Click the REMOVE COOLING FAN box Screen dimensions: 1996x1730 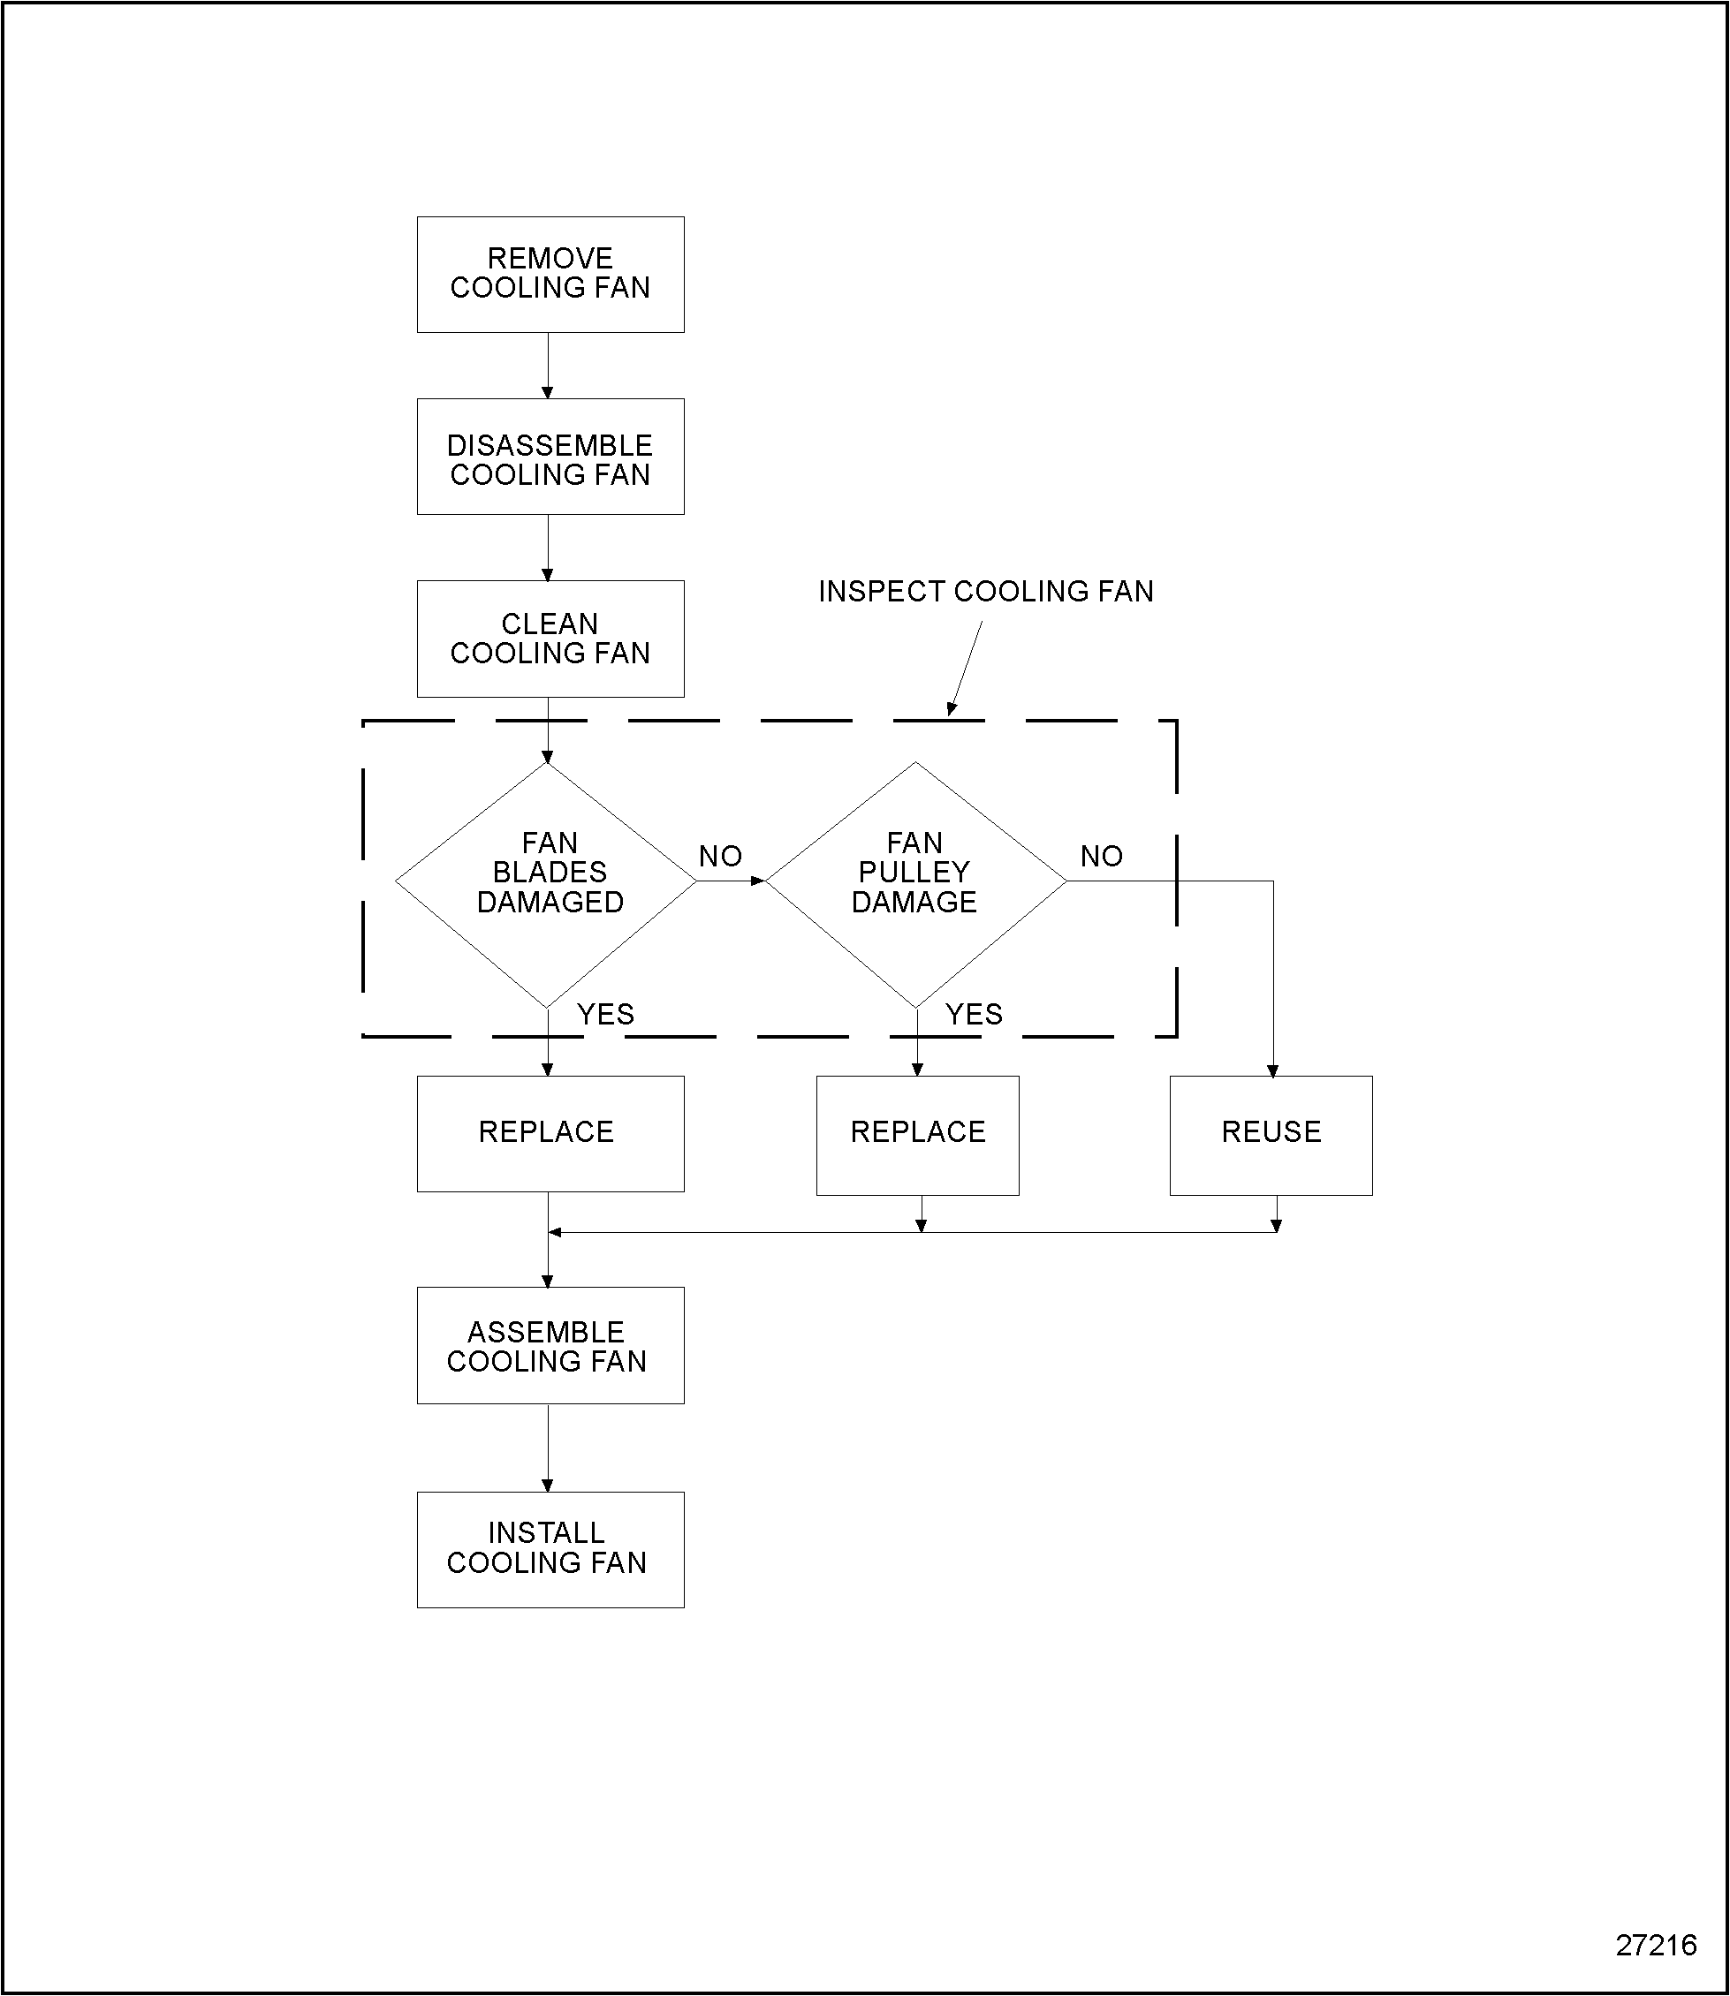(550, 274)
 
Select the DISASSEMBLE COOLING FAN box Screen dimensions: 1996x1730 (550, 457)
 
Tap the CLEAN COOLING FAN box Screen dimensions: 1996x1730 (550, 639)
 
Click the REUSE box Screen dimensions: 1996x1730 (1271, 1134)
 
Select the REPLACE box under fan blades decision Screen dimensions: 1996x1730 (550, 1133)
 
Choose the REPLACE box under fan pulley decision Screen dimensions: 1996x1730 (917, 1134)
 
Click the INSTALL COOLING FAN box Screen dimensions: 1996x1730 (550, 1549)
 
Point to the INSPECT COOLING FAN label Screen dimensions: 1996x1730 (986, 591)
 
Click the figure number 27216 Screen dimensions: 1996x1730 (1656, 1945)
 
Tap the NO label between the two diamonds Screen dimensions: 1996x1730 (720, 856)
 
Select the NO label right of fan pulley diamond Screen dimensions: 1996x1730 (1102, 856)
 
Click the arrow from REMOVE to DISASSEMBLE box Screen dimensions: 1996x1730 (548, 366)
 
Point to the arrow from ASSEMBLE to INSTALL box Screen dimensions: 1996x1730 (548, 1447)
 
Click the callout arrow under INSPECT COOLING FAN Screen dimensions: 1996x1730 (967, 667)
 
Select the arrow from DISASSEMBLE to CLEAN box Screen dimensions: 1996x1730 (548, 548)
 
